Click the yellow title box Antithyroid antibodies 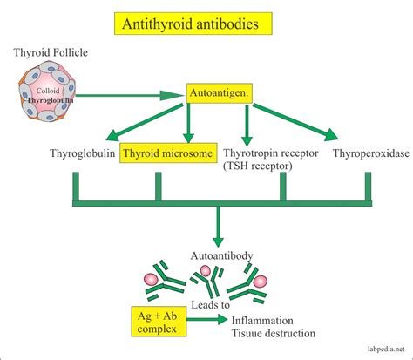point(206,26)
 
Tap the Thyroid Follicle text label point(50,53)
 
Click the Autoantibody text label point(221,255)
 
